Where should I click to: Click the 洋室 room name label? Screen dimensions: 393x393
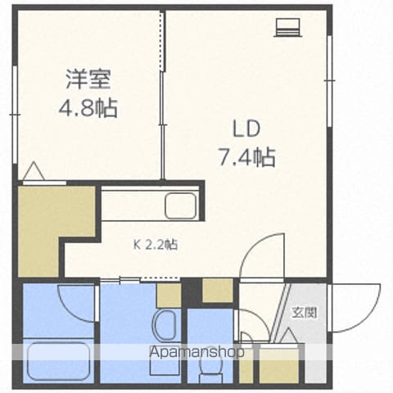pyautogui.click(x=88, y=79)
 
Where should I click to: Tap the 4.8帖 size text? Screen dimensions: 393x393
pyautogui.click(x=88, y=107)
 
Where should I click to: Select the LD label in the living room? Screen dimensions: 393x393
pyautogui.click(x=246, y=129)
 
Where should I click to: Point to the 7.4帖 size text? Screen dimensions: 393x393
pyautogui.click(x=246, y=157)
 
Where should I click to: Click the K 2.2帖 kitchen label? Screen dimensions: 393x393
pyautogui.click(x=156, y=245)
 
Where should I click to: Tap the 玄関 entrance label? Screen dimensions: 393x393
pyautogui.click(x=305, y=313)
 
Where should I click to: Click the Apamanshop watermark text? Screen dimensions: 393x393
pyautogui.click(x=196, y=352)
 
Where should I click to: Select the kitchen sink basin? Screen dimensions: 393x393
pyautogui.click(x=180, y=206)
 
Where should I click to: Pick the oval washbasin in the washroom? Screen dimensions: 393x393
pyautogui.click(x=164, y=326)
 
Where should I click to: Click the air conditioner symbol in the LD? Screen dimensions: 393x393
pyautogui.click(x=288, y=27)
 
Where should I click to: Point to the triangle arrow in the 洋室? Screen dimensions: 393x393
pyautogui.click(x=34, y=170)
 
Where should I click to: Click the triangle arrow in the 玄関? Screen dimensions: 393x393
pyautogui.click(x=288, y=335)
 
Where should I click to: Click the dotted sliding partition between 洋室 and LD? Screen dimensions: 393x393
pyautogui.click(x=163, y=41)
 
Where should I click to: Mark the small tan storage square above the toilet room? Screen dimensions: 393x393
pyautogui.click(x=218, y=290)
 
